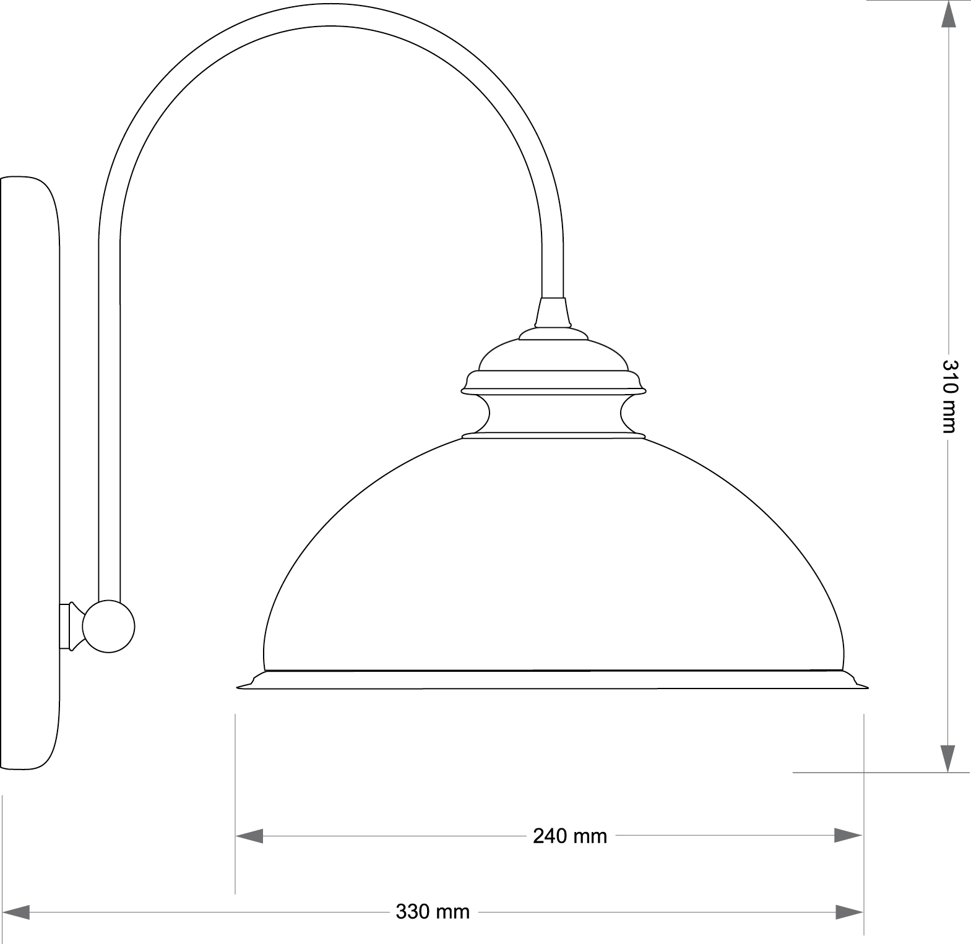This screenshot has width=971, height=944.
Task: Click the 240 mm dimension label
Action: pyautogui.click(x=569, y=836)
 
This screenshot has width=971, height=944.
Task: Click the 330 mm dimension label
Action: pyautogui.click(x=433, y=912)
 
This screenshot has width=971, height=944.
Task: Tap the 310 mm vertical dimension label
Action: pyautogui.click(x=949, y=396)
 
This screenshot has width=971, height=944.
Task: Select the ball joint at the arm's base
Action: pyautogui.click(x=109, y=626)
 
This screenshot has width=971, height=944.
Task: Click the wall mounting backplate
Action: pyautogui.click(x=30, y=473)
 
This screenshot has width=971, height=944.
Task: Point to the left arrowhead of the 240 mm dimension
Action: pyautogui.click(x=249, y=836)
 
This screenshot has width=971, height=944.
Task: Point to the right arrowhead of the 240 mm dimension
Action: pyautogui.click(x=848, y=836)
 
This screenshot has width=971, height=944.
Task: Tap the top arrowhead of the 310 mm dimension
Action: pyautogui.click(x=948, y=14)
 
